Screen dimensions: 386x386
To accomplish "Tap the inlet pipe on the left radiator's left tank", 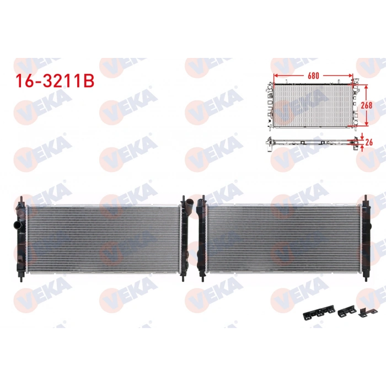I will pos(17,226).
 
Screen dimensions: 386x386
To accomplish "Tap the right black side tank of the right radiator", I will pos(364,238).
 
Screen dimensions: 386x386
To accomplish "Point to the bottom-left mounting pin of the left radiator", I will pos(22,277).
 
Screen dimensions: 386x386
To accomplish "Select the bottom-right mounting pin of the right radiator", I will pos(365,277).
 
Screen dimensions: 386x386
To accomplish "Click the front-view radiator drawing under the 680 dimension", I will pos(312,105).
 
